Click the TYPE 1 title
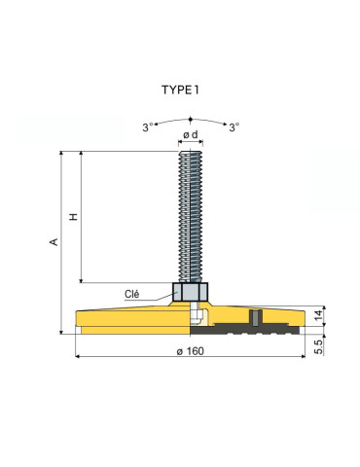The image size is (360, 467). point(180,90)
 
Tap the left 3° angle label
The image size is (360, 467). point(148,127)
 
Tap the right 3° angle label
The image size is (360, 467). point(234,127)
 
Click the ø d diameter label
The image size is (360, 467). point(191,134)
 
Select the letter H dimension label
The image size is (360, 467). point(74,217)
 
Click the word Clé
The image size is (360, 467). point(132,294)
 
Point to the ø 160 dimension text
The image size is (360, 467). point(191,351)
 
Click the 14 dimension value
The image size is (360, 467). point(319,315)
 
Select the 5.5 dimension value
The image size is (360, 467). point(319,346)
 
